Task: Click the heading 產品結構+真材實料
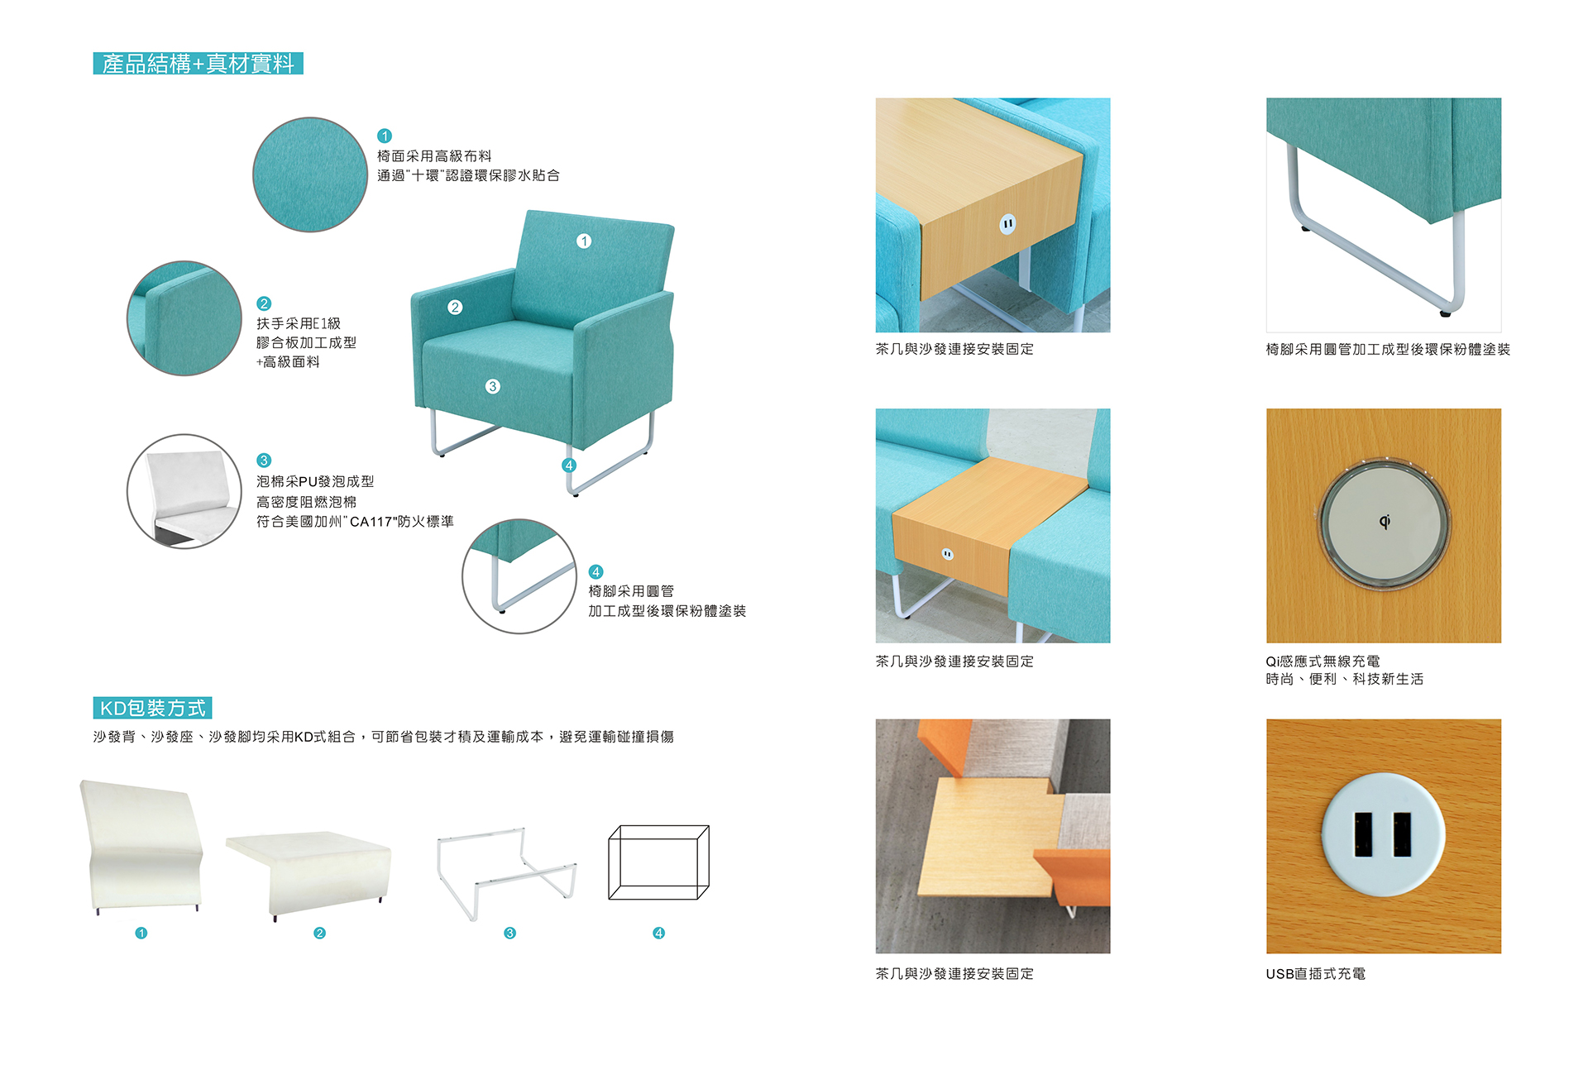198,64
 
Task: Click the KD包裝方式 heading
153,708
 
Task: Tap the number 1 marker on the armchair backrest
584,241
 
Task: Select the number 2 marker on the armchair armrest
455,308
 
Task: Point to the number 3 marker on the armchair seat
493,386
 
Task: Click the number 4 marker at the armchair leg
569,466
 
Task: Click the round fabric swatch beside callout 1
310,174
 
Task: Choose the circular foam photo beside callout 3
184,491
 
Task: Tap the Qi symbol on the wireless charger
1385,521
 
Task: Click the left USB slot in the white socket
1363,833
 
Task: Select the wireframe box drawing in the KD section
659,862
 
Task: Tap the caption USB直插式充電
1316,974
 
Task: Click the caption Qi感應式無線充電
1323,661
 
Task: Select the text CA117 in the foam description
371,522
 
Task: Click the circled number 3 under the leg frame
510,934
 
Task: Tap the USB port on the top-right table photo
1007,223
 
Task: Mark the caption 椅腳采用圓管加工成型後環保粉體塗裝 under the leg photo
1388,350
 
